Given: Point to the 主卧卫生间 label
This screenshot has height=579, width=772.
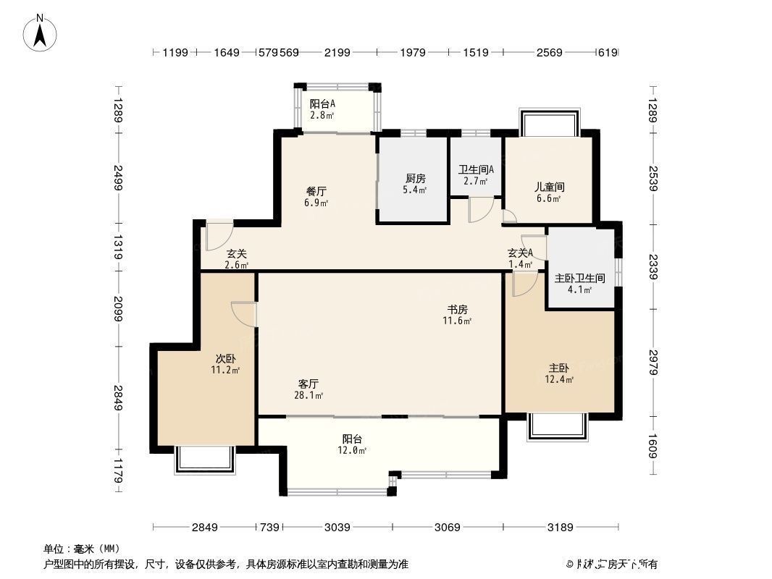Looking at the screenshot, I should tap(579, 278).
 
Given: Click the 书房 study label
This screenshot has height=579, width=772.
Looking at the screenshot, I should tap(458, 309).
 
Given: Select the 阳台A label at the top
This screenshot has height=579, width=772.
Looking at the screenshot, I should tap(322, 103).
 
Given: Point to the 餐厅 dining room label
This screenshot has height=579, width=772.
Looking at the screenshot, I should tap(316, 191).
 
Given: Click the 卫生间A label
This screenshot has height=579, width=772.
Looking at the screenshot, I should tap(476, 170).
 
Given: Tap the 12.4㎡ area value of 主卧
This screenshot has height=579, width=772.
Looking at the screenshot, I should tap(559, 379).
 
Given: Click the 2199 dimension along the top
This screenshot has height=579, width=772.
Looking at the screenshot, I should tap(337, 52).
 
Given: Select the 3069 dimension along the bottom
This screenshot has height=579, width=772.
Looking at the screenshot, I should tap(448, 527).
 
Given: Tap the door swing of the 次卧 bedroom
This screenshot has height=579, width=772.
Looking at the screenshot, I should tap(243, 313).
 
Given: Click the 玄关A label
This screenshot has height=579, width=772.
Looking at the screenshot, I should tap(520, 253).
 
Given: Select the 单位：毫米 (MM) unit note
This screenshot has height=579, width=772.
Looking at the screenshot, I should tap(82, 549).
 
